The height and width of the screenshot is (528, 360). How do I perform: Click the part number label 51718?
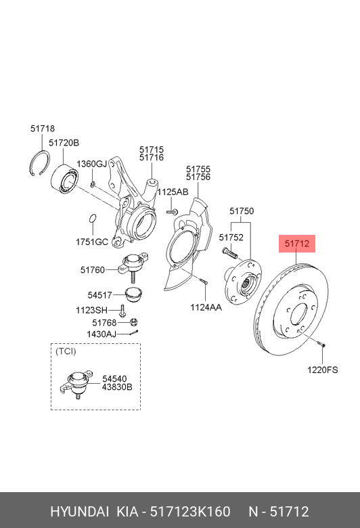coord(42,129)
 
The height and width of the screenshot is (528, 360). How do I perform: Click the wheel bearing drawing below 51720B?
coord(68,176)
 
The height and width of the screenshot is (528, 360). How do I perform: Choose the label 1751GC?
coord(92,242)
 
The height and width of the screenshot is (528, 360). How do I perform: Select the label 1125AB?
coord(173,192)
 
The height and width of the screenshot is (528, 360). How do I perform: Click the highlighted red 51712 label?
coord(297,243)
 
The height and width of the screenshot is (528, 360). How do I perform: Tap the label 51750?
coord(242,211)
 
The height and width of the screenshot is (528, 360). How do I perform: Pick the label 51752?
coord(231,238)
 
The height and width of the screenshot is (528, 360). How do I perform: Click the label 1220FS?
coord(322,370)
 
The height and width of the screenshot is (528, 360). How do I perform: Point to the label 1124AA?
coord(206,307)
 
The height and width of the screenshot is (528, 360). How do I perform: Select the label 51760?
coord(93,270)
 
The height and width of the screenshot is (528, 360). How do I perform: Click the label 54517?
coord(100,294)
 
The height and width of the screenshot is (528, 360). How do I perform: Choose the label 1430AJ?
coord(102,334)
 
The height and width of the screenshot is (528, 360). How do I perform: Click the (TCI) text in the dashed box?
coord(66,351)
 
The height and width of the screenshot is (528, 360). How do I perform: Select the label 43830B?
coord(117,387)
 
